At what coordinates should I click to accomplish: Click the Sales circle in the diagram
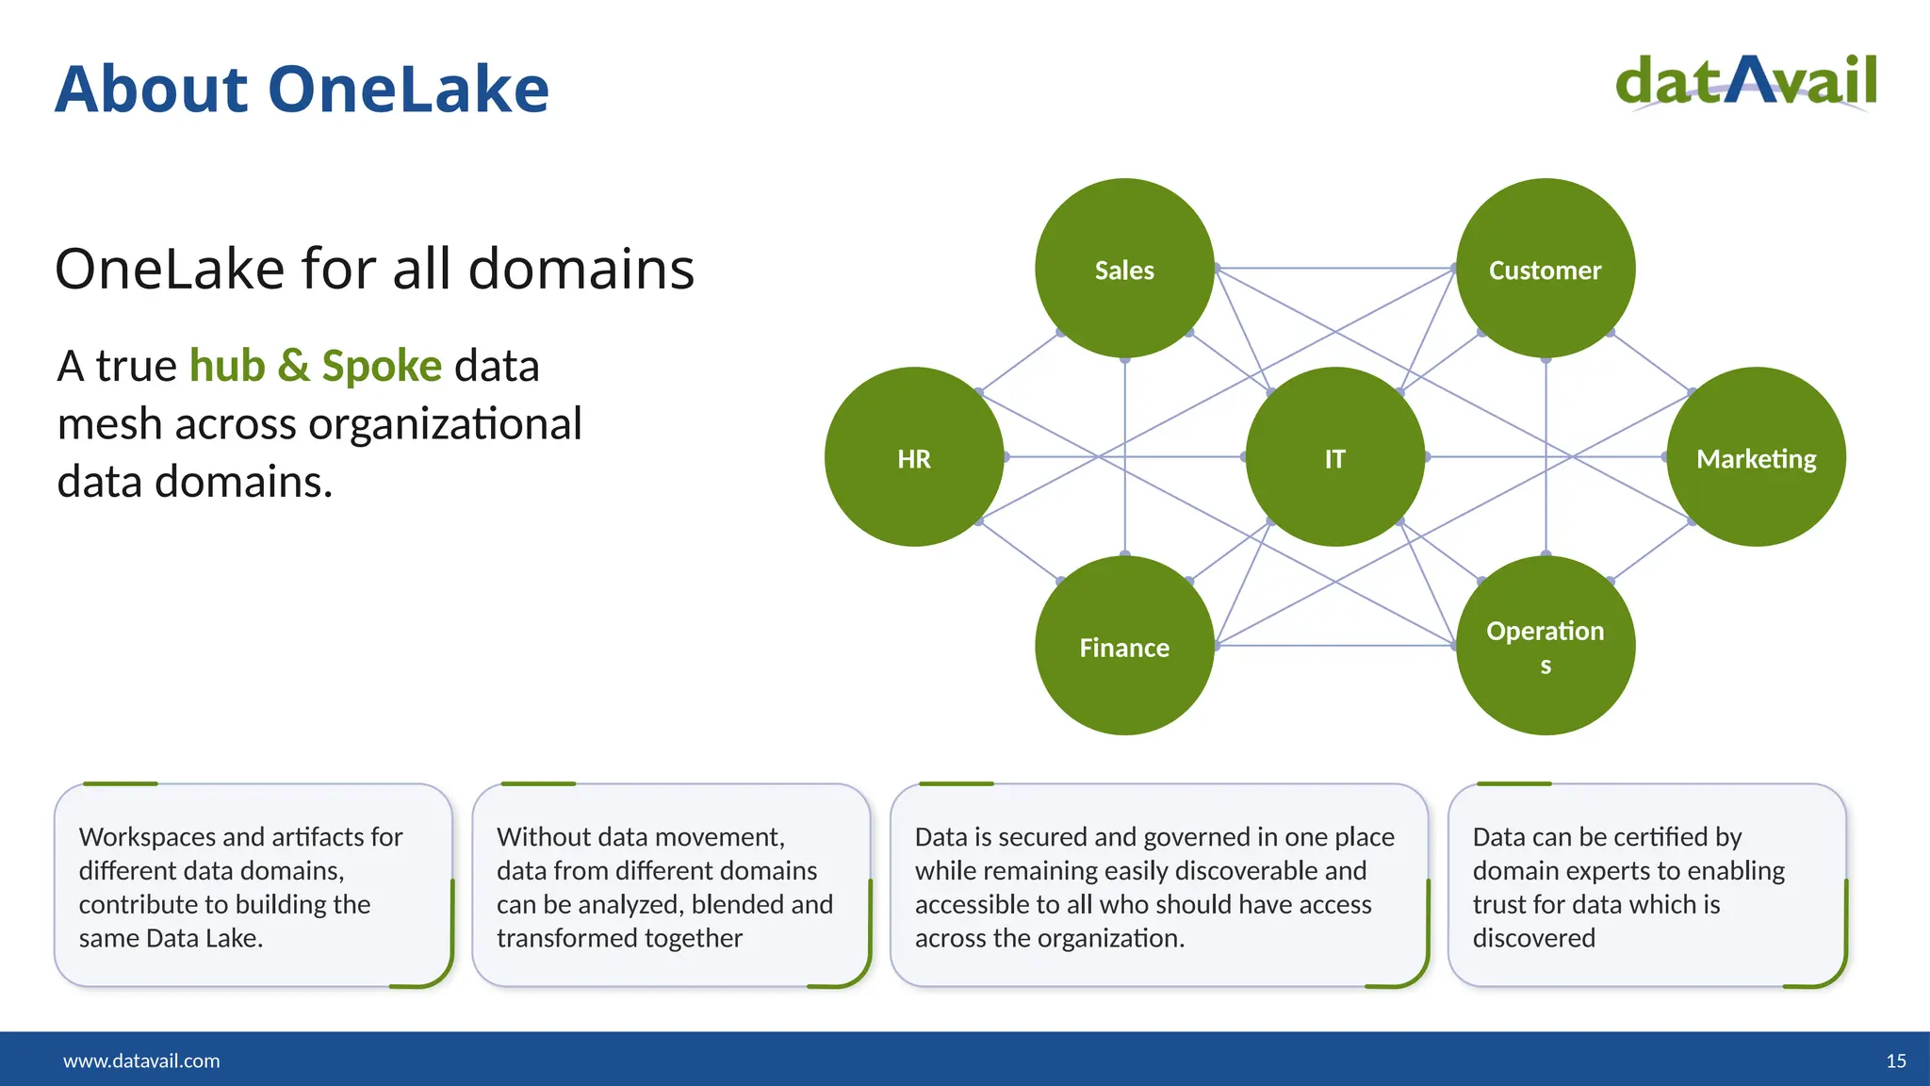point(1124,269)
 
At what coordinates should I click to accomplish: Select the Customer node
point(1545,269)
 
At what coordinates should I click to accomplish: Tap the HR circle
point(913,457)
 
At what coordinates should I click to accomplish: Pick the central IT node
point(1334,457)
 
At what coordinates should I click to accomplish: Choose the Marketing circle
point(1756,457)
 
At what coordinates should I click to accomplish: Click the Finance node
point(1124,646)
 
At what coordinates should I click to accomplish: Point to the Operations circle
point(1545,646)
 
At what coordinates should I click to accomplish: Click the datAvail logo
point(1746,82)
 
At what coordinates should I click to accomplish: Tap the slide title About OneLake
point(302,90)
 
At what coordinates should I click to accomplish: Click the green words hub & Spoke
point(316,366)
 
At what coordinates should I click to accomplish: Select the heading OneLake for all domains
point(374,269)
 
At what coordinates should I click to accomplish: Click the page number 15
point(1896,1061)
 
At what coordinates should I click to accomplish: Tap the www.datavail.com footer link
point(141,1061)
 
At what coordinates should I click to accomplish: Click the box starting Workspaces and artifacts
point(253,886)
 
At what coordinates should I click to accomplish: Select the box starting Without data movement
point(670,886)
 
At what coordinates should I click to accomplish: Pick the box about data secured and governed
point(1158,886)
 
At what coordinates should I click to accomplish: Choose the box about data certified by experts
point(1645,886)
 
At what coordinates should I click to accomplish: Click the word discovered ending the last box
point(1533,938)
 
